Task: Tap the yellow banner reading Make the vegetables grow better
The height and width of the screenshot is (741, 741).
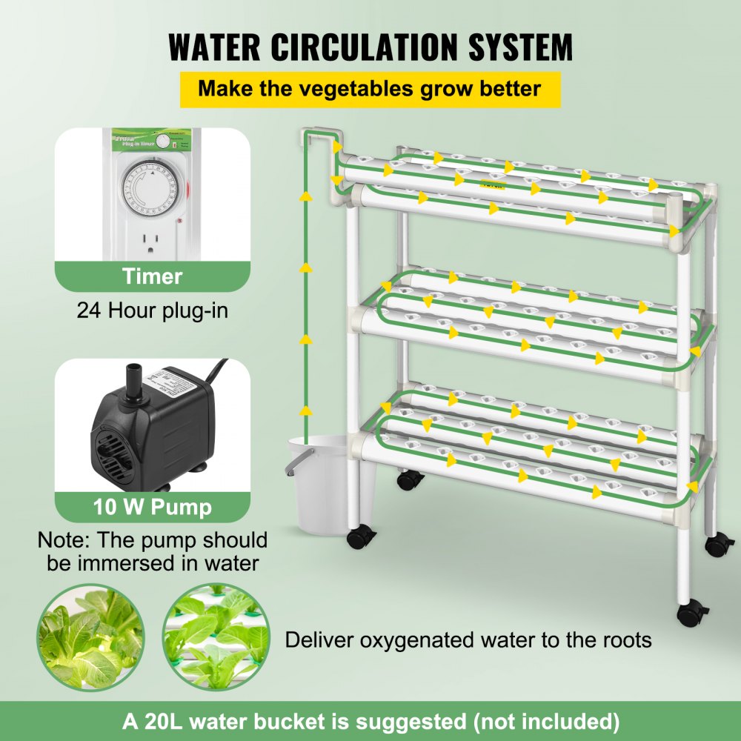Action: [370, 90]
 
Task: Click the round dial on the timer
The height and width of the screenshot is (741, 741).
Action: [153, 191]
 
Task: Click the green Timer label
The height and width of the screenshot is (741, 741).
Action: [152, 276]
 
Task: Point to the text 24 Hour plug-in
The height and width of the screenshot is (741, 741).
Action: [152, 309]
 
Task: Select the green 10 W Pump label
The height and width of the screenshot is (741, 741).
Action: [152, 507]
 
